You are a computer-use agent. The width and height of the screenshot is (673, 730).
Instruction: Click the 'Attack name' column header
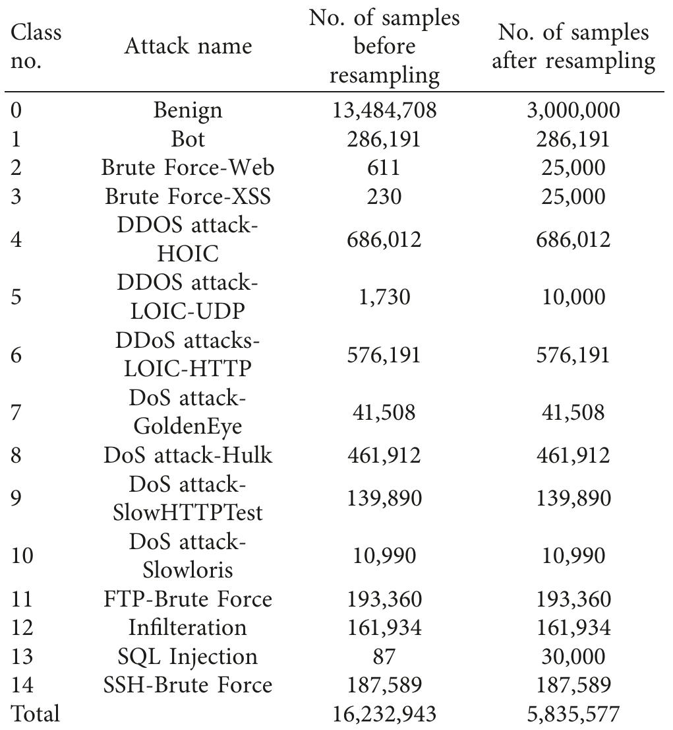tap(188, 46)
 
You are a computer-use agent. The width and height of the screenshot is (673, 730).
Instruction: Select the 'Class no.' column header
tap(36, 46)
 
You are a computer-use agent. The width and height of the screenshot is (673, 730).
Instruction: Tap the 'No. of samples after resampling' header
tap(573, 46)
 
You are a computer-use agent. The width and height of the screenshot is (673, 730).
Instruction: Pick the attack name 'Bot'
tap(188, 139)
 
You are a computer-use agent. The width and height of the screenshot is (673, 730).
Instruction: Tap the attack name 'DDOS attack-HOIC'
tap(188, 239)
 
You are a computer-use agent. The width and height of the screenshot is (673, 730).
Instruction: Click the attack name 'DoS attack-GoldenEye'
tap(188, 413)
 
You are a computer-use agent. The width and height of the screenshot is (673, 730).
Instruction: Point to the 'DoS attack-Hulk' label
tap(188, 455)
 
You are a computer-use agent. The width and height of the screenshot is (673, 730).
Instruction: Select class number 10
tap(23, 556)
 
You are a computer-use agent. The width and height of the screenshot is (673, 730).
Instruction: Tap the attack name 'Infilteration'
tap(188, 626)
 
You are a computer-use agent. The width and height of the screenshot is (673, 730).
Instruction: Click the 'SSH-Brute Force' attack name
tap(188, 684)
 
